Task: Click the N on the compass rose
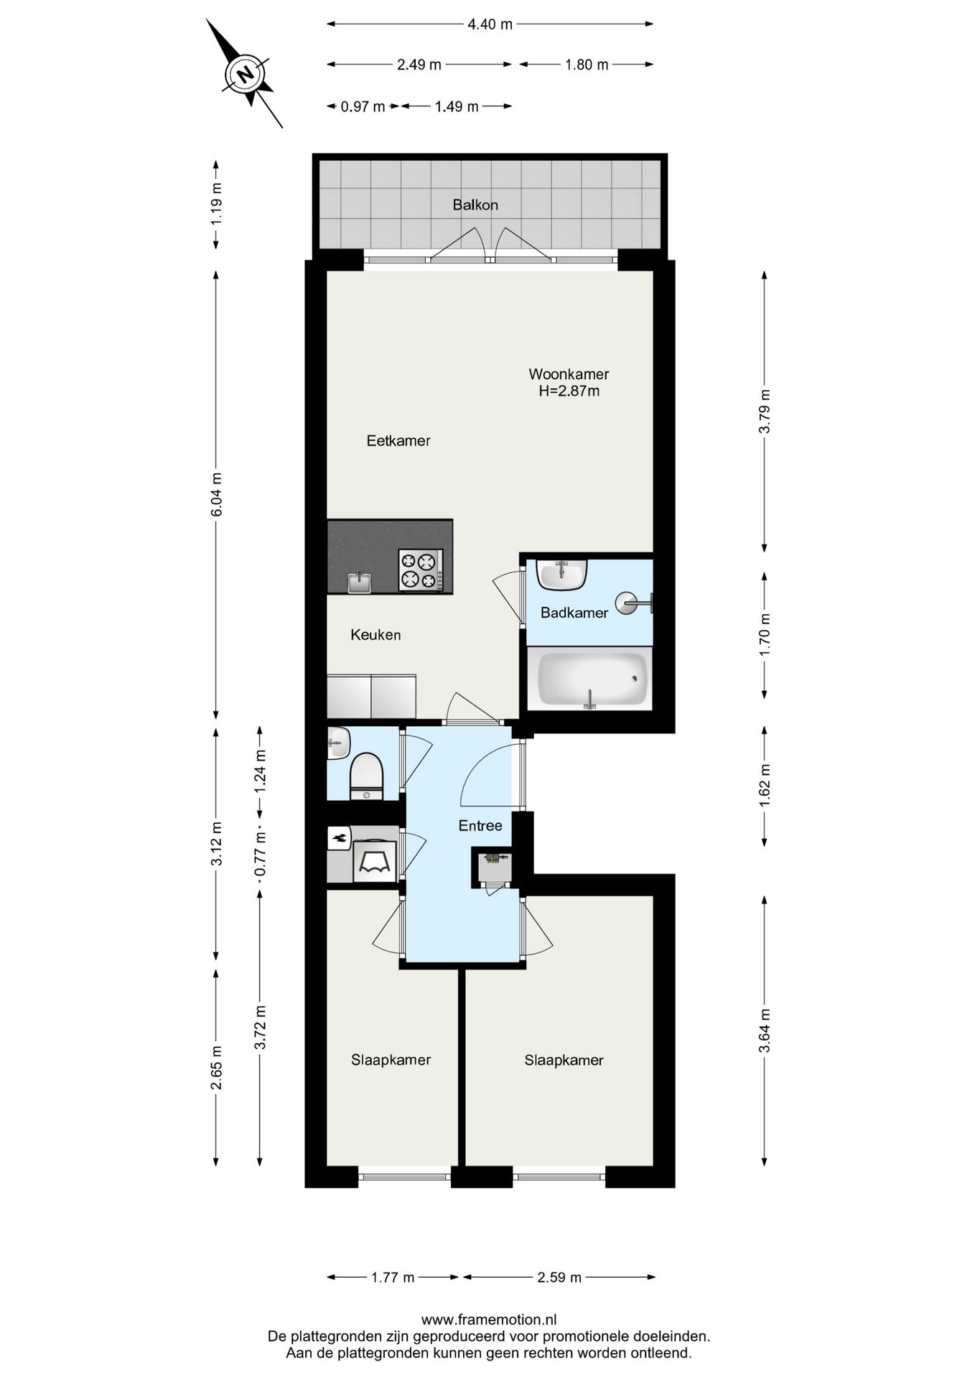(x=245, y=74)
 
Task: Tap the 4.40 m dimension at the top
(x=490, y=24)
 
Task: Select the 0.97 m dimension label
(x=363, y=106)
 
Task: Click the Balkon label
(x=475, y=205)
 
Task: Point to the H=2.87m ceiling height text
(x=569, y=391)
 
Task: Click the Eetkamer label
(x=398, y=440)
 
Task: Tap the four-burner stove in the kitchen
(x=421, y=570)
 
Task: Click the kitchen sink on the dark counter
(x=359, y=582)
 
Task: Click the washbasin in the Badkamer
(x=562, y=574)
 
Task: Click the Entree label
(x=480, y=825)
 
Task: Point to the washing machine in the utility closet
(x=375, y=861)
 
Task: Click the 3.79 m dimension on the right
(x=765, y=411)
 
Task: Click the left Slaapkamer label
(x=391, y=1059)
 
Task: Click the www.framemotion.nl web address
(x=488, y=1319)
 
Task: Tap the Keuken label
(x=375, y=634)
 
